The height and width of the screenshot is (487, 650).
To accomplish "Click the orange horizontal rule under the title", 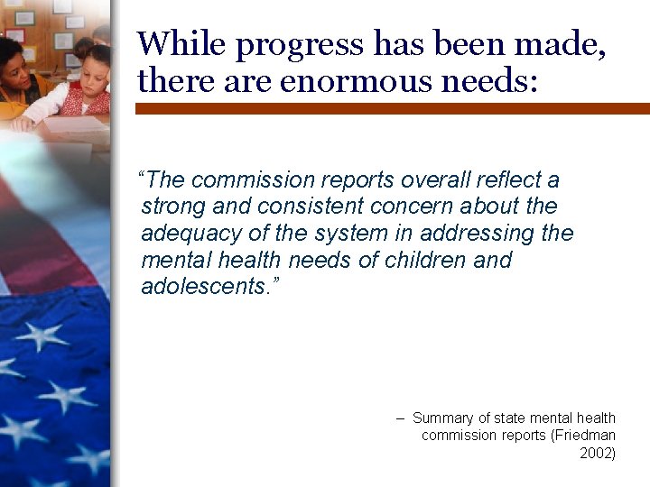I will pyautogui.click(x=393, y=108).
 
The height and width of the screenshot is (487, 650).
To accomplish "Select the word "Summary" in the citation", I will pyautogui.click(x=442, y=418).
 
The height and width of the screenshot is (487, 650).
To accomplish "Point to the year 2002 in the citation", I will pyautogui.click(x=597, y=453).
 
